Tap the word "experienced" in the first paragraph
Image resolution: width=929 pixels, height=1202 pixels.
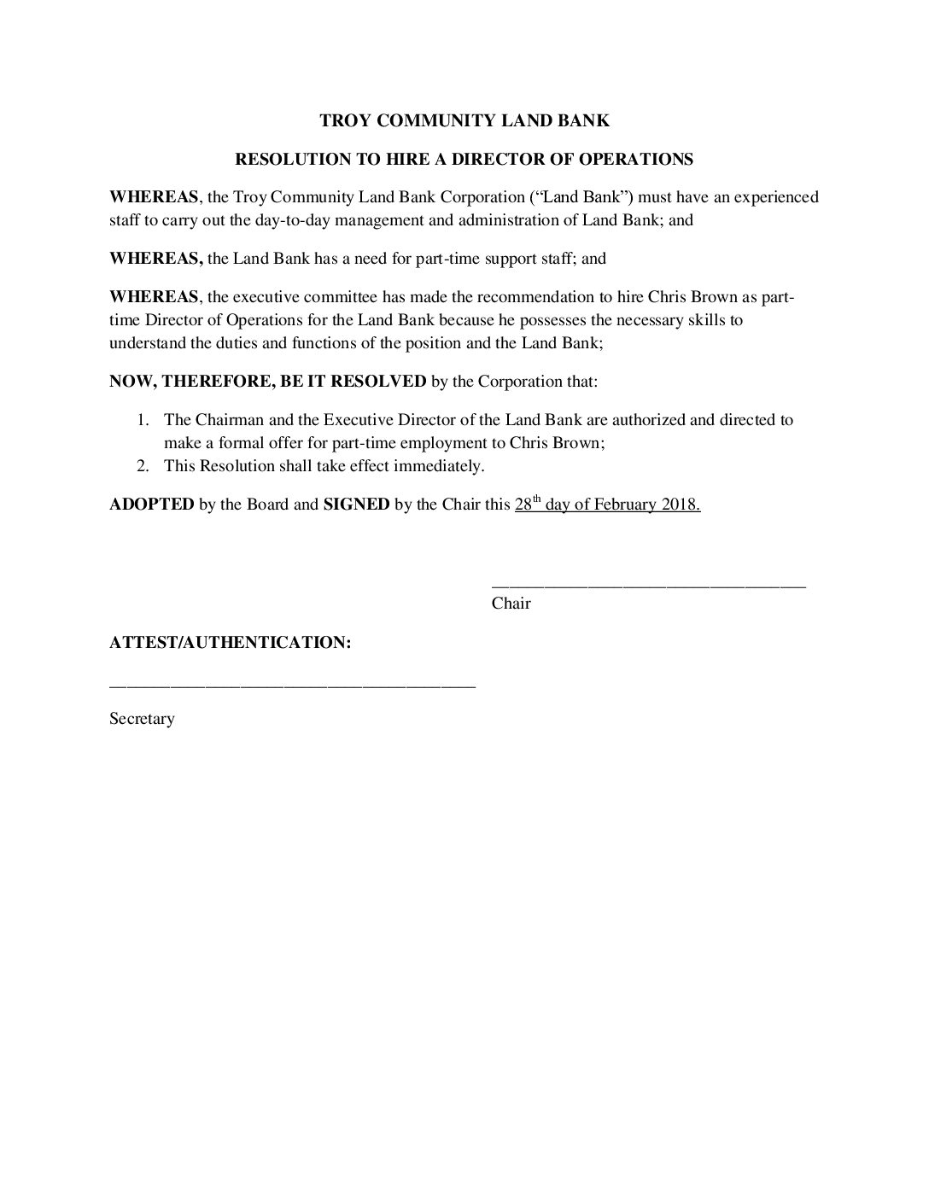[x=776, y=197]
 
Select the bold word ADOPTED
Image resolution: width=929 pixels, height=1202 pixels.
[x=152, y=505]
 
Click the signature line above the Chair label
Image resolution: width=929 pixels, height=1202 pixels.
[x=649, y=586]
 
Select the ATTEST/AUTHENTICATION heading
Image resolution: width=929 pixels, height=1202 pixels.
[x=230, y=642]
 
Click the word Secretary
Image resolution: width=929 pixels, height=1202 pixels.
[x=142, y=719]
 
